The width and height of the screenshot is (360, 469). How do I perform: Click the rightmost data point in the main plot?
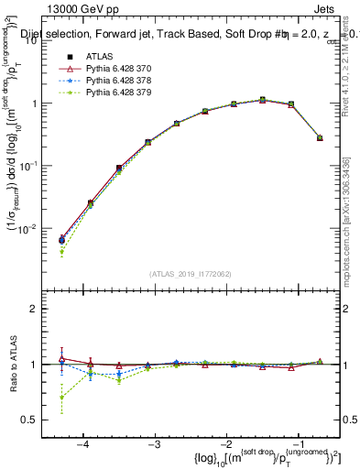pos(320,137)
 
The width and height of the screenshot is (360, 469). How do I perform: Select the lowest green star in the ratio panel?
pos(61,398)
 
